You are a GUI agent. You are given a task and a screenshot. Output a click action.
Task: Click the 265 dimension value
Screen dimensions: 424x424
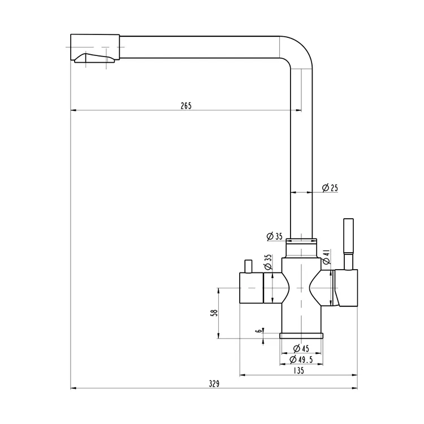click(186, 105)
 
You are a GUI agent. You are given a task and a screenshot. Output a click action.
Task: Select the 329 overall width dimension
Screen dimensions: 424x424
click(213, 383)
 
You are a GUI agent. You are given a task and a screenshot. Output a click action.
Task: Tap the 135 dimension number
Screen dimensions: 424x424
click(299, 370)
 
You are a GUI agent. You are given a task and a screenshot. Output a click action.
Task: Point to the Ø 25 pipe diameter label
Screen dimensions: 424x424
click(330, 188)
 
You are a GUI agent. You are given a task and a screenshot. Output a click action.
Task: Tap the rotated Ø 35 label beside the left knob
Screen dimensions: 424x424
click(268, 262)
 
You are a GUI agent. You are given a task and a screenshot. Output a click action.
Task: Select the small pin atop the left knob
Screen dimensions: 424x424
click(247, 265)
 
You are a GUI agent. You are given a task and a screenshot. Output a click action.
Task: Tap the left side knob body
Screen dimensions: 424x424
click(252, 288)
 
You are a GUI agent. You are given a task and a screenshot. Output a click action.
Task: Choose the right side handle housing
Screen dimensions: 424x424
click(346, 288)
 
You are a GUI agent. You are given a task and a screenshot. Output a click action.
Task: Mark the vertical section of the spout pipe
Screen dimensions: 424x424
click(301, 147)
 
